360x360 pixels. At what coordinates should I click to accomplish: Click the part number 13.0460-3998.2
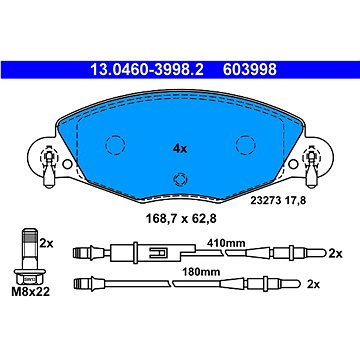click(x=147, y=70)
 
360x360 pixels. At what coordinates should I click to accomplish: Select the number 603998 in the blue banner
click(x=250, y=70)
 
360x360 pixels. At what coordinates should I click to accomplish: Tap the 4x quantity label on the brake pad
click(x=180, y=149)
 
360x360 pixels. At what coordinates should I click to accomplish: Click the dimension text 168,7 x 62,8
click(x=181, y=219)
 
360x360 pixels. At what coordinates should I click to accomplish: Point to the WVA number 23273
click(x=264, y=201)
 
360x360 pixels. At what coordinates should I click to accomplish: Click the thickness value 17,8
click(x=293, y=201)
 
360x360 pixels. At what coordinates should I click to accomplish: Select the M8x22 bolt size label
click(x=31, y=292)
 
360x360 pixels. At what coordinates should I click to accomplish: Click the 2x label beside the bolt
click(x=46, y=244)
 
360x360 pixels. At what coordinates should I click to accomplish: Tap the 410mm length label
click(x=226, y=243)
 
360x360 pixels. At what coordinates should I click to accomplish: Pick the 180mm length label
click(x=200, y=272)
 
